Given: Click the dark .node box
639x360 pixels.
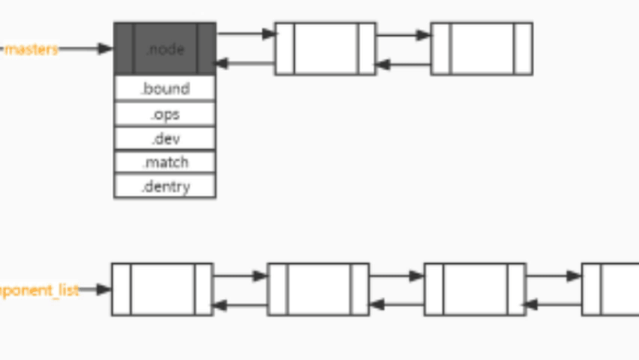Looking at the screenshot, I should tap(165, 49).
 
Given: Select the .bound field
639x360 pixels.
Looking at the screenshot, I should tap(165, 88).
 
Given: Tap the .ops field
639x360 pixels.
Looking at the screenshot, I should tap(165, 114).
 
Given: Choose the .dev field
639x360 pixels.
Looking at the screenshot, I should tap(165, 139).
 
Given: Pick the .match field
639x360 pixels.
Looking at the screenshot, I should tap(165, 163).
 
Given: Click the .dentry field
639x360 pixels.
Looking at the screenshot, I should tap(165, 187).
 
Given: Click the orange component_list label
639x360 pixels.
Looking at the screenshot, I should tap(39, 290).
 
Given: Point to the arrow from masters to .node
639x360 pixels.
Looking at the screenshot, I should tap(85, 49).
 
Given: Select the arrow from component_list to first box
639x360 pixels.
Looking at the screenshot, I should tap(95, 289).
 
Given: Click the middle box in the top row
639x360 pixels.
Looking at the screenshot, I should tap(325, 49).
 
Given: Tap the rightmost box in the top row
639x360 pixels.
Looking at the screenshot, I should tap(481, 49).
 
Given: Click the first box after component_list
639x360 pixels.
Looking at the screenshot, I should tap(162, 289).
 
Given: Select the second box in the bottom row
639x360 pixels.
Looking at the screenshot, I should tap(318, 289).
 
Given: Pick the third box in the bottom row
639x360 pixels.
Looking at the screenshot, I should tap(475, 289).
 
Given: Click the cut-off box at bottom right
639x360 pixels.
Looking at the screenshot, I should tap(610, 289).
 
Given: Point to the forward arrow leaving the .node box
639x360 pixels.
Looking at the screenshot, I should tap(246, 34).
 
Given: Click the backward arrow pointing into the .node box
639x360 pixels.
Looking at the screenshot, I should tap(246, 64).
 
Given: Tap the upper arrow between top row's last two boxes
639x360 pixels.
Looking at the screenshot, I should tap(403, 34).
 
